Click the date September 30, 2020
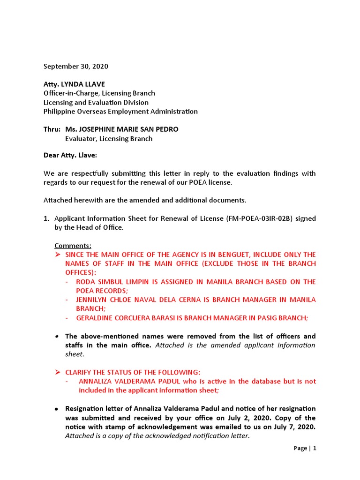coord(75,67)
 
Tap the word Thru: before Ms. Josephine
coord(52,129)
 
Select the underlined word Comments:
coord(73,246)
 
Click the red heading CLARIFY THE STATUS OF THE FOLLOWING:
coord(127,372)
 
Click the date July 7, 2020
coord(293,427)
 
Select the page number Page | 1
coord(305,448)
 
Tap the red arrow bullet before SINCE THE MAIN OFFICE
coord(58,255)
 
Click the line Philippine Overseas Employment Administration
coord(120,112)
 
